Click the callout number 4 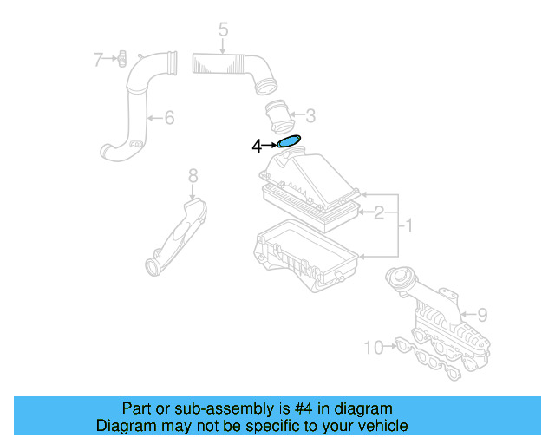257,147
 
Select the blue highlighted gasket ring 288,142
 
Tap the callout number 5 223,31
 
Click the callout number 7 98,59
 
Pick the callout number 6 169,116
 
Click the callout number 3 310,114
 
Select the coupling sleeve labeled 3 279,115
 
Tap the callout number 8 193,177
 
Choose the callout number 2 378,211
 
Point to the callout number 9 482,313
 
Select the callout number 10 373,348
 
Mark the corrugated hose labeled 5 230,67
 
